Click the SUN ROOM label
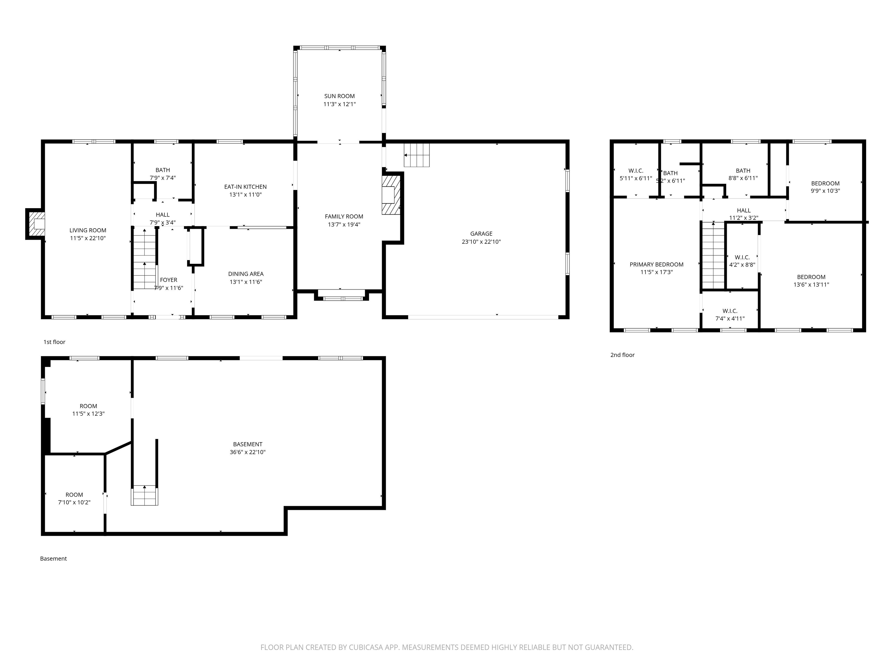coord(339,96)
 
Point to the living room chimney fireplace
coord(36,224)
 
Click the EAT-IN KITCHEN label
coord(245,187)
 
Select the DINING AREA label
coord(246,274)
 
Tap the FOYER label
coord(168,280)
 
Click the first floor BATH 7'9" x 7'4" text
coord(162,178)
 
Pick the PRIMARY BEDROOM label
coord(656,265)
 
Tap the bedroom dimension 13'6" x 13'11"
coord(811,284)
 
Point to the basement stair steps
coord(144,495)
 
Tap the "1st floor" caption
coord(54,342)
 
